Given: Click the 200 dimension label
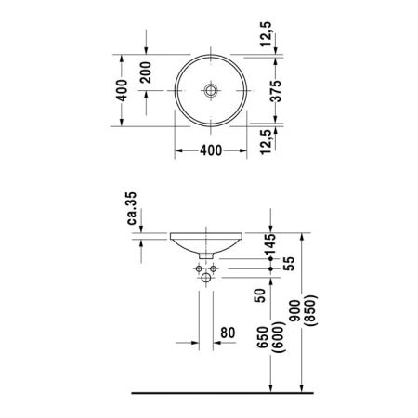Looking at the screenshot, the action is (x=146, y=72).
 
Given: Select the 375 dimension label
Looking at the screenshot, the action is (x=276, y=91).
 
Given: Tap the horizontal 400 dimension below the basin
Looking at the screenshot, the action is (x=211, y=150).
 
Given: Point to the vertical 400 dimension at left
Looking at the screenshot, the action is (x=122, y=90).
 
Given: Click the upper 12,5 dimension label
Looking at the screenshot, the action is (x=266, y=34).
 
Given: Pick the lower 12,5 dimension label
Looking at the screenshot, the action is (x=266, y=142).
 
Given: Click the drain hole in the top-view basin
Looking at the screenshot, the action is (x=211, y=90).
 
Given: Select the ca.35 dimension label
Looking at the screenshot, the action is (x=132, y=208).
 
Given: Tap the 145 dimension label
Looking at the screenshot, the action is (x=269, y=245).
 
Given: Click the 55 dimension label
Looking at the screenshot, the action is (x=289, y=264).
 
